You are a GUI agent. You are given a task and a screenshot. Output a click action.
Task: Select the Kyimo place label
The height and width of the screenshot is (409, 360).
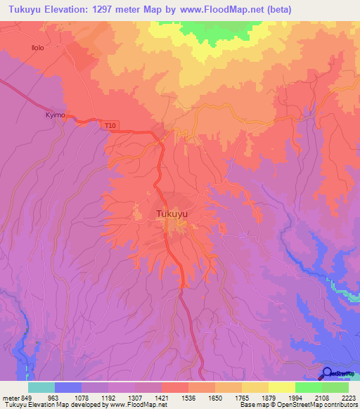(55, 113)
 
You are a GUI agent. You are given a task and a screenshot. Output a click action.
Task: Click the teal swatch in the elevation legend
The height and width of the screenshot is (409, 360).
(41, 387)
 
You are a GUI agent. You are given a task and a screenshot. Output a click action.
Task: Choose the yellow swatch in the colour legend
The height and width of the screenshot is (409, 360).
(282, 387)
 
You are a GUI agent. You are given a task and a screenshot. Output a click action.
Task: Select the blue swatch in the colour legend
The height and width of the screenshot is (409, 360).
(68, 387)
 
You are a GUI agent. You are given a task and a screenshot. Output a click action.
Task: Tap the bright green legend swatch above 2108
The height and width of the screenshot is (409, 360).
(309, 387)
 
